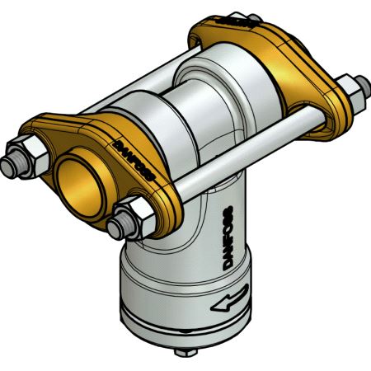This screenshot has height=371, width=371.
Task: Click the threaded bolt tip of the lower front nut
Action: [x=118, y=225]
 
